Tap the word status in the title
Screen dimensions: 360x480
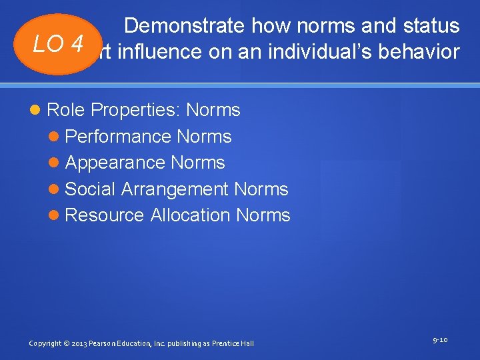point(429,26)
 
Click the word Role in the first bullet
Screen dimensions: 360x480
point(66,110)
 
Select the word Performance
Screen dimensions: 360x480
point(119,137)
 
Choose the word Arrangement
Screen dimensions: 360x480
point(175,189)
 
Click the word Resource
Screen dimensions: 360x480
point(105,215)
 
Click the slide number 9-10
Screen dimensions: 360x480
point(440,340)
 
